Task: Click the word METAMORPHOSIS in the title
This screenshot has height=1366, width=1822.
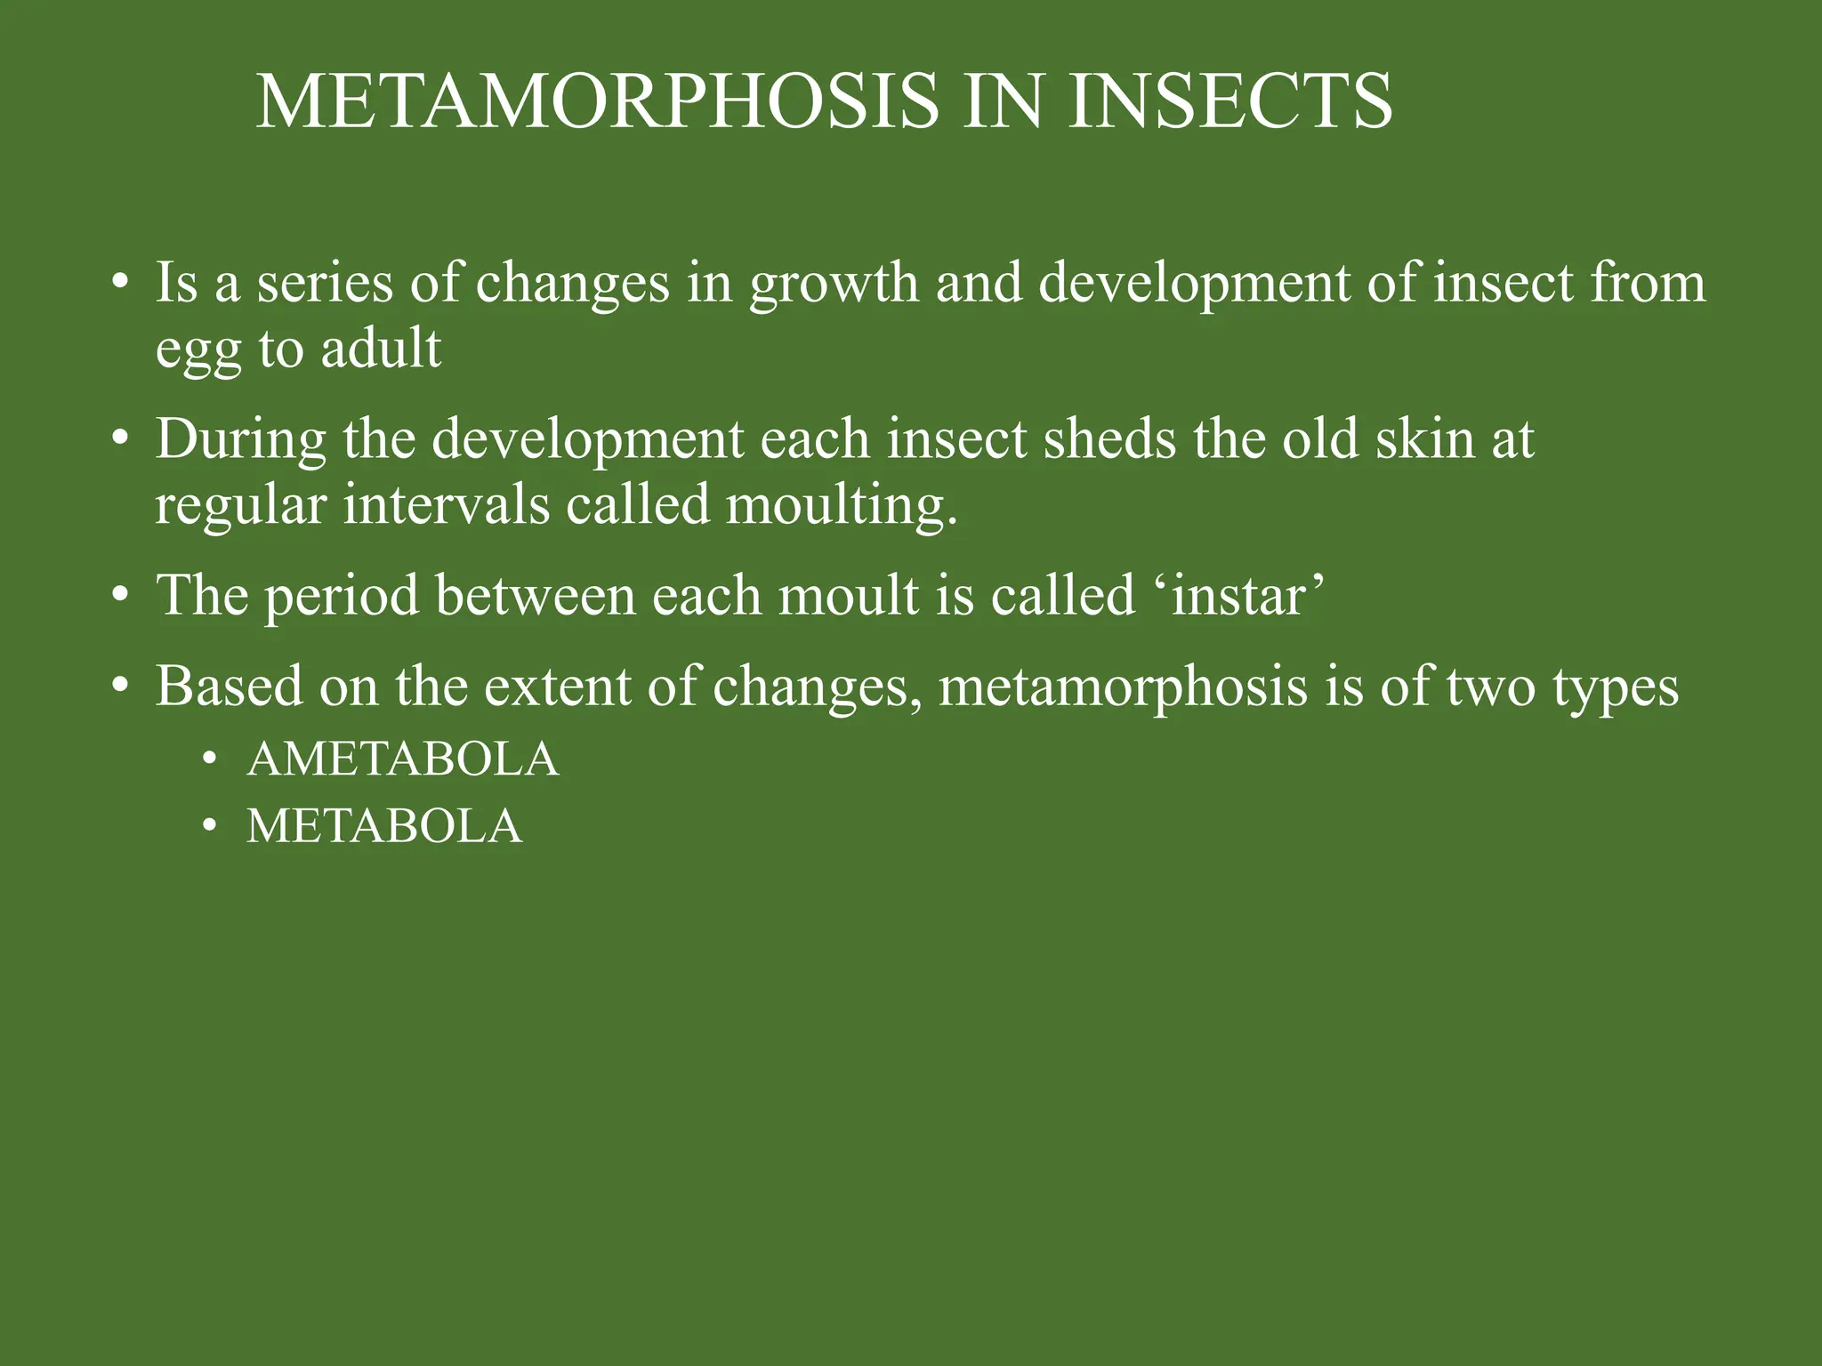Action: [x=597, y=101]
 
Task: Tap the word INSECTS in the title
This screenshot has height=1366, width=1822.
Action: [x=1230, y=101]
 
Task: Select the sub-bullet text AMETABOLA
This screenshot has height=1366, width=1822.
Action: [x=403, y=759]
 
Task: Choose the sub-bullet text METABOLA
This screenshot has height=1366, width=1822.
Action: [x=384, y=826]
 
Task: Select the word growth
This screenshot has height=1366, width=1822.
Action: [x=834, y=285]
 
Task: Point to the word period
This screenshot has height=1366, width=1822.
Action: [x=342, y=597]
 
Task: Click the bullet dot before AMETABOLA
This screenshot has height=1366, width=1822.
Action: [x=210, y=760]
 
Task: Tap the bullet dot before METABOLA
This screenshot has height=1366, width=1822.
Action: [x=210, y=827]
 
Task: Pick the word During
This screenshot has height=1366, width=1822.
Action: [x=241, y=441]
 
